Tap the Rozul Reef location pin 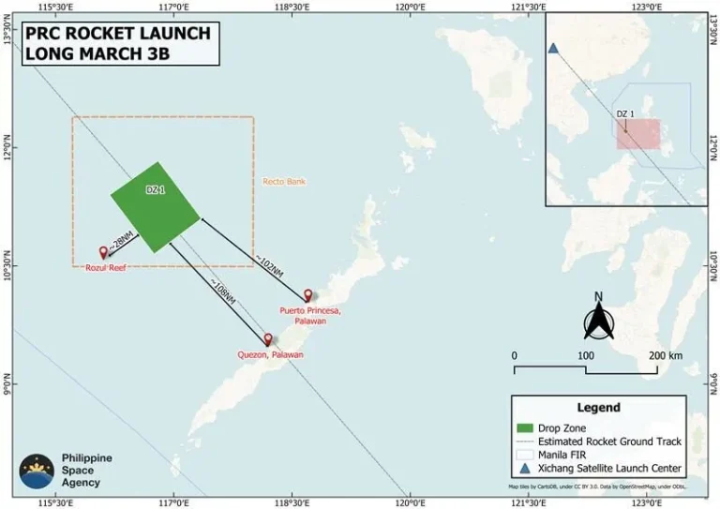pos(103,252)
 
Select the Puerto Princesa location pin pos(307,295)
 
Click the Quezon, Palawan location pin pos(268,339)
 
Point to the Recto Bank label pos(284,181)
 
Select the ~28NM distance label pos(123,242)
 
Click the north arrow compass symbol pos(598,319)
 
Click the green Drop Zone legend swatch pos(527,427)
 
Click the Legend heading pos(598,408)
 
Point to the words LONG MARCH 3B pos(97,53)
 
